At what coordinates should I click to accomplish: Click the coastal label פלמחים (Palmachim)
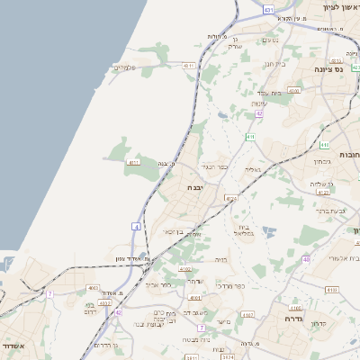click(x=125, y=68)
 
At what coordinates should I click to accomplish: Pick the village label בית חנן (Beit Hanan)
click(x=275, y=65)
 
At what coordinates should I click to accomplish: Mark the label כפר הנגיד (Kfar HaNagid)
click(x=217, y=166)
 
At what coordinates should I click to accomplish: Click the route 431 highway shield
click(x=269, y=8)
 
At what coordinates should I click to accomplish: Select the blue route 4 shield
click(x=137, y=226)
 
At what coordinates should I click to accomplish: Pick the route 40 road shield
click(x=306, y=259)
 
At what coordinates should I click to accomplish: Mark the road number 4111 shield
click(x=133, y=163)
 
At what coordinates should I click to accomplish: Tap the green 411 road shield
click(x=249, y=137)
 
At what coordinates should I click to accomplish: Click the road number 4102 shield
click(x=186, y=268)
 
